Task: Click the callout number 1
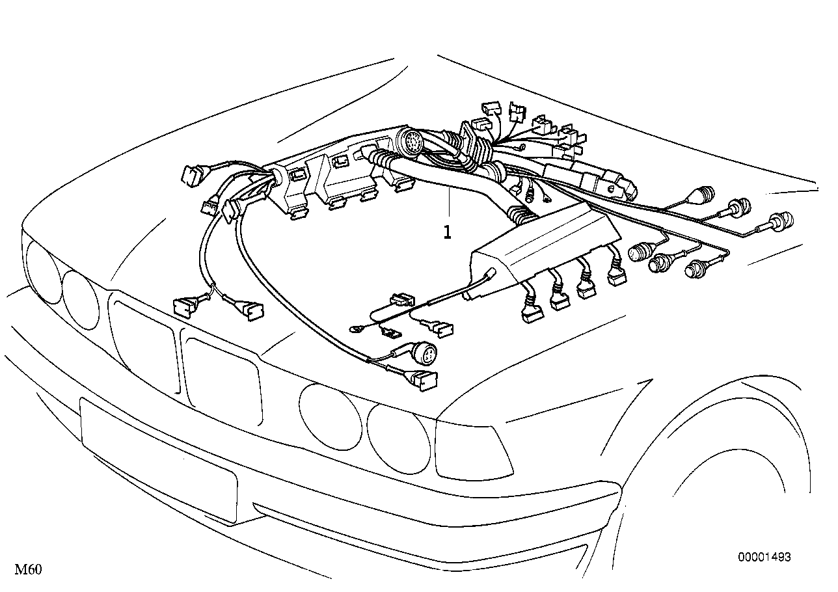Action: click(447, 232)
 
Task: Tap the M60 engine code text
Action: click(28, 570)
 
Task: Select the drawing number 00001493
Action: click(764, 558)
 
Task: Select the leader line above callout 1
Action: click(448, 205)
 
